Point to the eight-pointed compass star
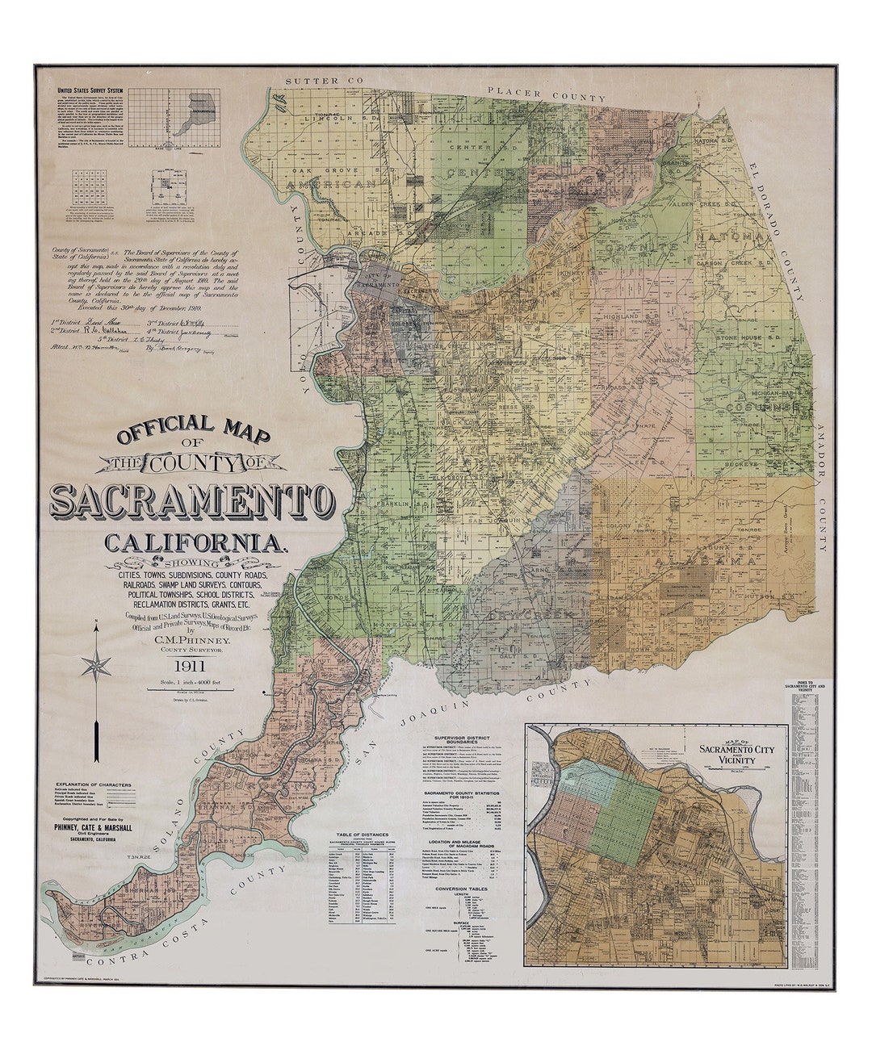97,665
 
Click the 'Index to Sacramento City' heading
805,688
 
